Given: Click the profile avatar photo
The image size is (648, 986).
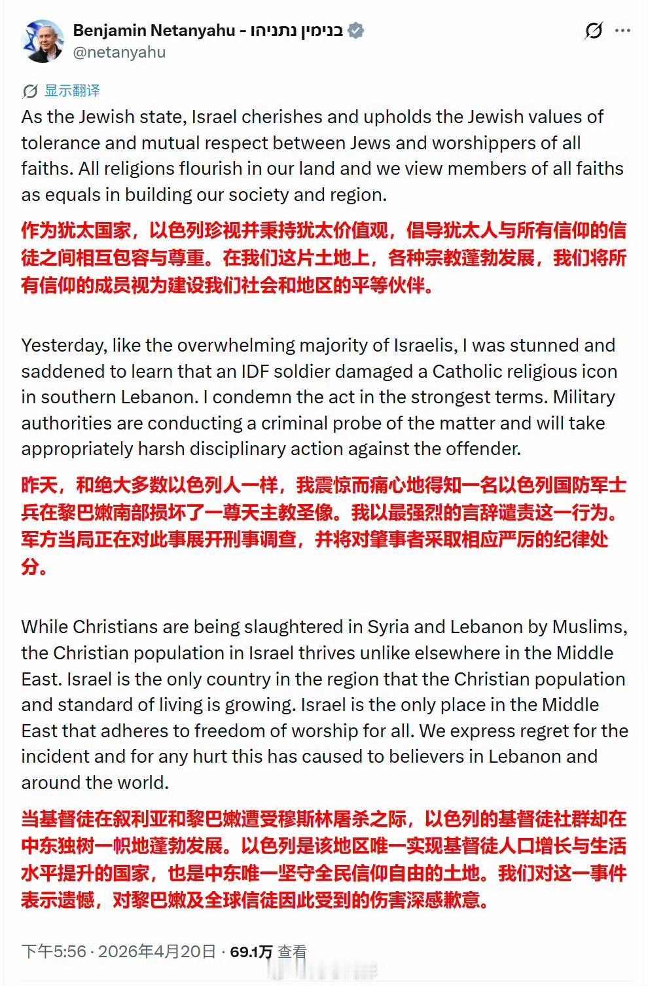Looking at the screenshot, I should tap(43, 41).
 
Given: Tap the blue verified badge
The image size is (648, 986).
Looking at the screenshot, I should tap(355, 30).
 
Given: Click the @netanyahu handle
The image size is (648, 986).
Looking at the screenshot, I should tap(119, 52).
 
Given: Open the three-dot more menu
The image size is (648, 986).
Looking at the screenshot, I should tap(623, 30).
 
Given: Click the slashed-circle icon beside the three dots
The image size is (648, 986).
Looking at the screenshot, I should tap(593, 30).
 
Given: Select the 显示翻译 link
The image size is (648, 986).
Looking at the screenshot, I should tap(72, 90).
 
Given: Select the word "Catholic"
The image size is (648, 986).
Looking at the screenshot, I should tap(467, 371).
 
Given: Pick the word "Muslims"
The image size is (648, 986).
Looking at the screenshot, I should tap(588, 627).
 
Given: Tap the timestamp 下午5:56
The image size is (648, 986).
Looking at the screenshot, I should tap(54, 951).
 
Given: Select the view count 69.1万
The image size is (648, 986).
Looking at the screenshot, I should tap(251, 952).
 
